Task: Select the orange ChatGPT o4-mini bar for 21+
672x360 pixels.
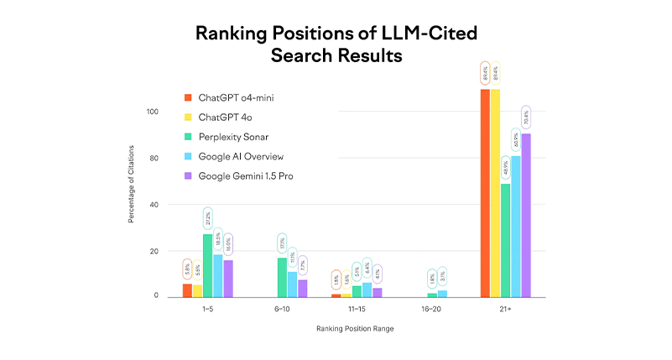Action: pyautogui.click(x=485, y=193)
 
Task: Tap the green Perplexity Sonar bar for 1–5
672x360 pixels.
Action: pyautogui.click(x=207, y=265)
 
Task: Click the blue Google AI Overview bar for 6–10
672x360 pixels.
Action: pyautogui.click(x=292, y=284)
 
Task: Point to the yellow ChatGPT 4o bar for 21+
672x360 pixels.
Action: pyautogui.click(x=495, y=193)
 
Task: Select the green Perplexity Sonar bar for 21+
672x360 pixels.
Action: pyautogui.click(x=505, y=240)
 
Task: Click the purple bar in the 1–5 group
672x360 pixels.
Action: pyautogui.click(x=227, y=279)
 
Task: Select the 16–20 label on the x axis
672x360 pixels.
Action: pyautogui.click(x=431, y=309)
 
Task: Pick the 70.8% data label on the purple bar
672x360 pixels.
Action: pyautogui.click(x=526, y=118)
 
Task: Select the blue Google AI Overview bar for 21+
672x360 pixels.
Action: pyautogui.click(x=516, y=227)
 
